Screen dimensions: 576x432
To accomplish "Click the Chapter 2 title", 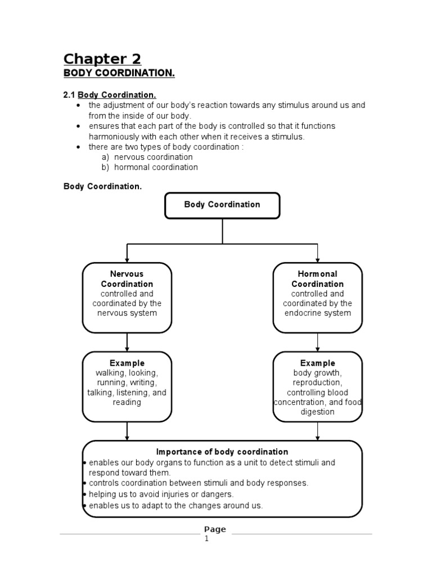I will click(102, 58).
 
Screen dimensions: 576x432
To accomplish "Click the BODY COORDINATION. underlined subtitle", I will click(119, 74).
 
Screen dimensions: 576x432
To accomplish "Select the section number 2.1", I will click(69, 95).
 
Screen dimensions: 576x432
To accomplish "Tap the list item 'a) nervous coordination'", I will click(147, 157).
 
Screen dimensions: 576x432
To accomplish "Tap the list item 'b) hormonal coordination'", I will click(150, 167).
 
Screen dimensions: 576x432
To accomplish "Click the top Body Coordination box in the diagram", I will click(222, 205).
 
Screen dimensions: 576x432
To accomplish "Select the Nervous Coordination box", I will click(127, 298).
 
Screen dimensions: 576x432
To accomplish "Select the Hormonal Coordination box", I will click(317, 298).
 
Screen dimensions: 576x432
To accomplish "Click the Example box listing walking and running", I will click(127, 386).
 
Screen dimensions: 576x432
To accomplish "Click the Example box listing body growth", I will click(317, 386).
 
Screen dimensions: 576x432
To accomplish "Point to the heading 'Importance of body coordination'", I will click(222, 452).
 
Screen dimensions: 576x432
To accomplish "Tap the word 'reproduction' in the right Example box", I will click(317, 382).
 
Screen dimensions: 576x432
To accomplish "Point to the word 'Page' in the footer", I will click(215, 529).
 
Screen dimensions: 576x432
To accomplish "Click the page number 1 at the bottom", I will click(206, 538).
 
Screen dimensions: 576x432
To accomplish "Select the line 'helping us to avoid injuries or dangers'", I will click(161, 494).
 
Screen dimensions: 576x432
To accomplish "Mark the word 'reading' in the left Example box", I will click(127, 402).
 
